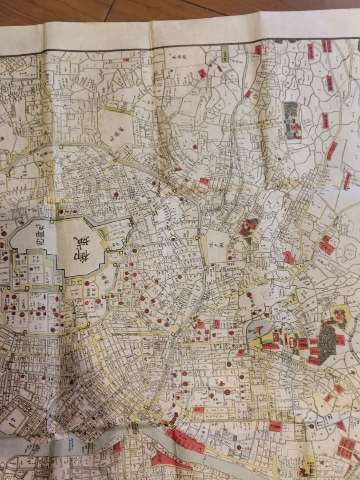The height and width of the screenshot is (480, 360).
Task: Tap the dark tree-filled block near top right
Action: tap(292, 119)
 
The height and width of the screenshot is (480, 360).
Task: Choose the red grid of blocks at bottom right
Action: tap(346, 447)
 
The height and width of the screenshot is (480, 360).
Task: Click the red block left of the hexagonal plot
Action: tap(327, 245)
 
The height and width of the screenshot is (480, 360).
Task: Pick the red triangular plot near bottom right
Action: tap(340, 426)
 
